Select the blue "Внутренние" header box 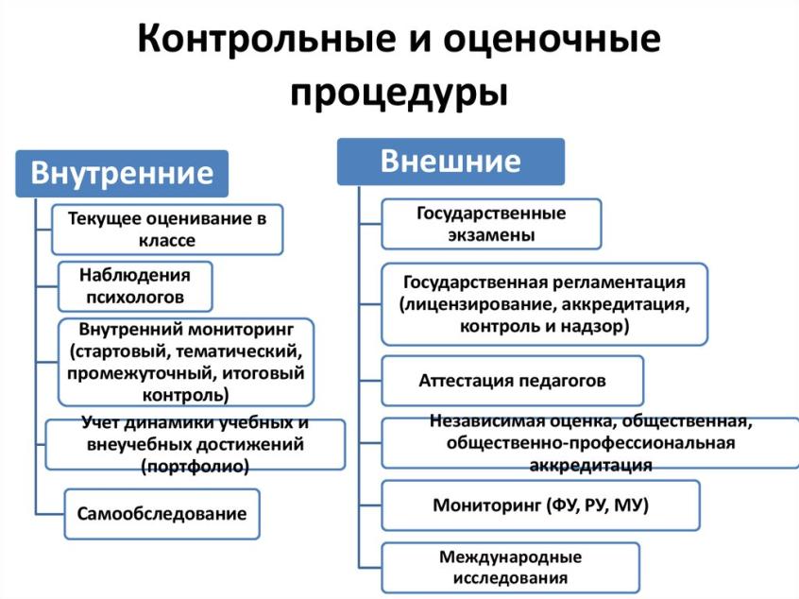[122, 174]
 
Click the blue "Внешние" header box [450, 162]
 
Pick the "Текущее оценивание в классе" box [167, 230]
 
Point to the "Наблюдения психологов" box [134, 286]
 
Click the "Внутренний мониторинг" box [185, 362]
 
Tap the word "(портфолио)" [195, 466]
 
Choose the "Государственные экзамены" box [491, 224]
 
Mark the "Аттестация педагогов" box [512, 381]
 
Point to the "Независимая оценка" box [590, 442]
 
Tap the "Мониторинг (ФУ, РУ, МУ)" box [540, 505]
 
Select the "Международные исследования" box [510, 567]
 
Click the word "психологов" [132, 298]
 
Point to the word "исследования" [510, 577]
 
